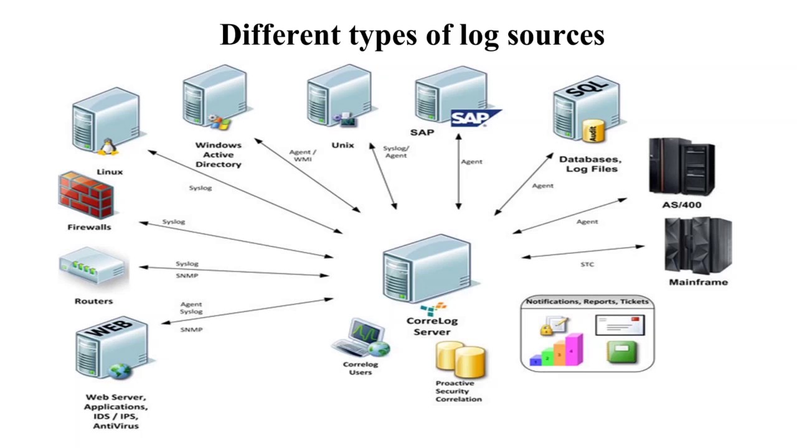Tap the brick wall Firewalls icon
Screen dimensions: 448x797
click(86, 195)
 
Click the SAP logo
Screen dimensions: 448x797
click(474, 118)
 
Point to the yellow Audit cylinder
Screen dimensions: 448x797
click(593, 131)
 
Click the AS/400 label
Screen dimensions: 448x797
click(682, 205)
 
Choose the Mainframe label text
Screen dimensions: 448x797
click(698, 282)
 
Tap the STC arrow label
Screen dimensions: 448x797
click(587, 264)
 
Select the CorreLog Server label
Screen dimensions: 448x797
click(432, 327)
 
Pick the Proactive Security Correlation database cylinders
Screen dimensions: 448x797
click(461, 360)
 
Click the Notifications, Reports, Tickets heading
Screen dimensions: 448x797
click(587, 302)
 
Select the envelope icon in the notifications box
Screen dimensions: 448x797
click(619, 325)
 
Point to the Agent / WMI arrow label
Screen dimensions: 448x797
click(303, 156)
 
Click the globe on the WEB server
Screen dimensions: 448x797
click(119, 371)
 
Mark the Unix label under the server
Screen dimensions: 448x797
click(342, 145)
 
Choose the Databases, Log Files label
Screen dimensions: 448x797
click(589, 164)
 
